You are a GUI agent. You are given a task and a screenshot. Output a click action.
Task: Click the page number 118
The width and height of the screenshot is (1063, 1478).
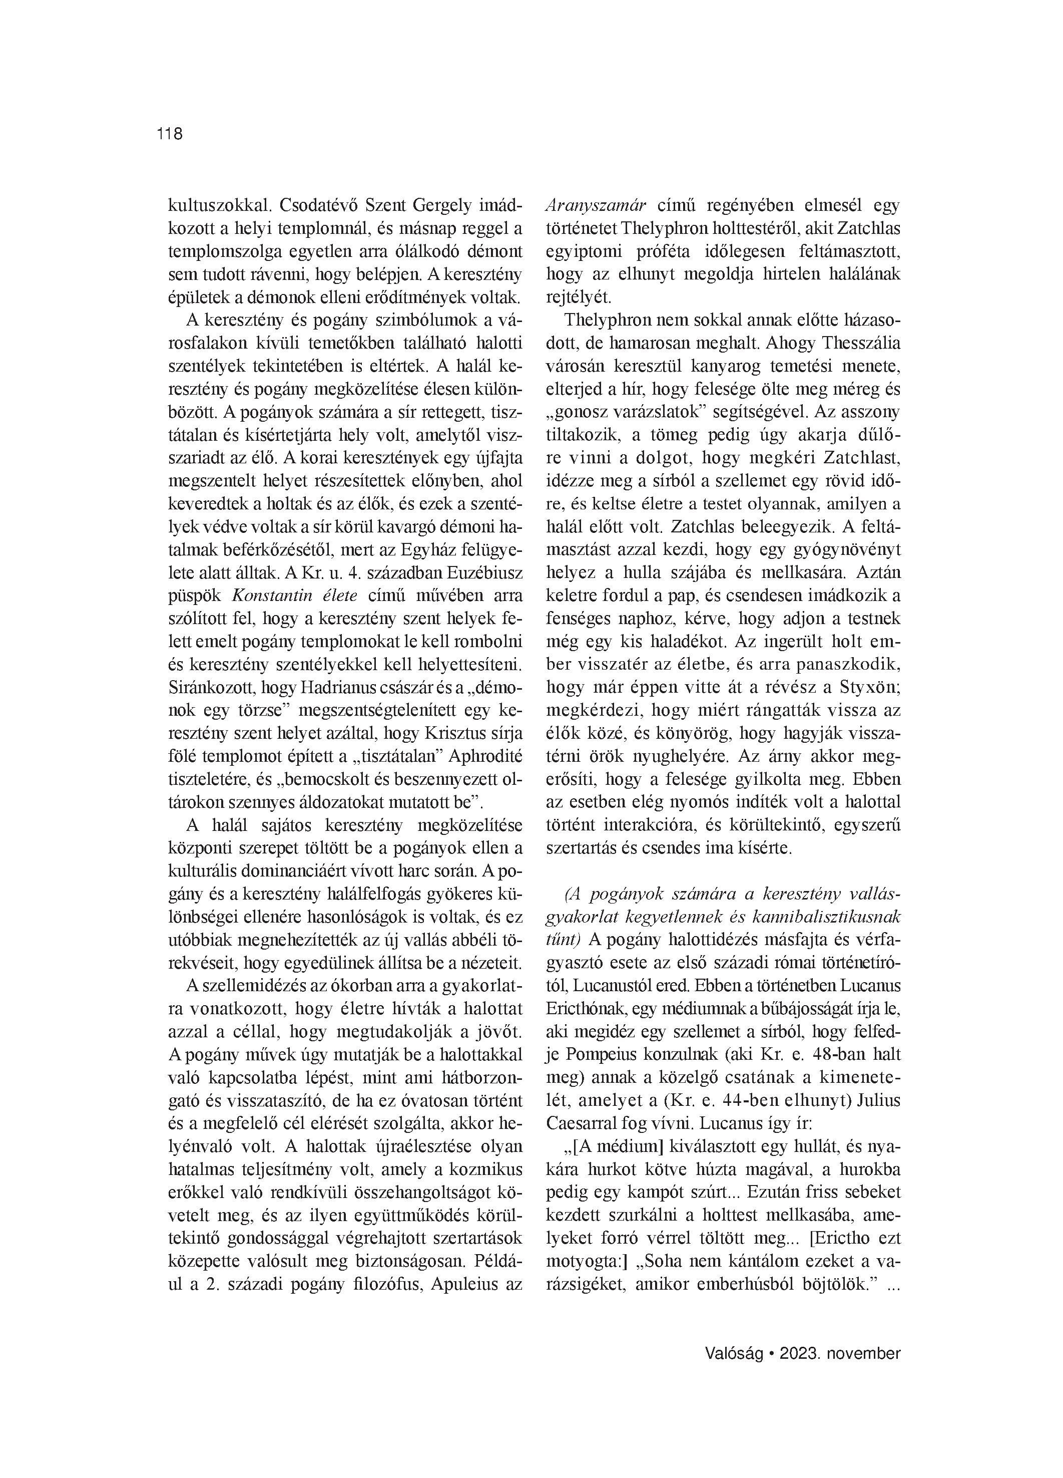point(169,134)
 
